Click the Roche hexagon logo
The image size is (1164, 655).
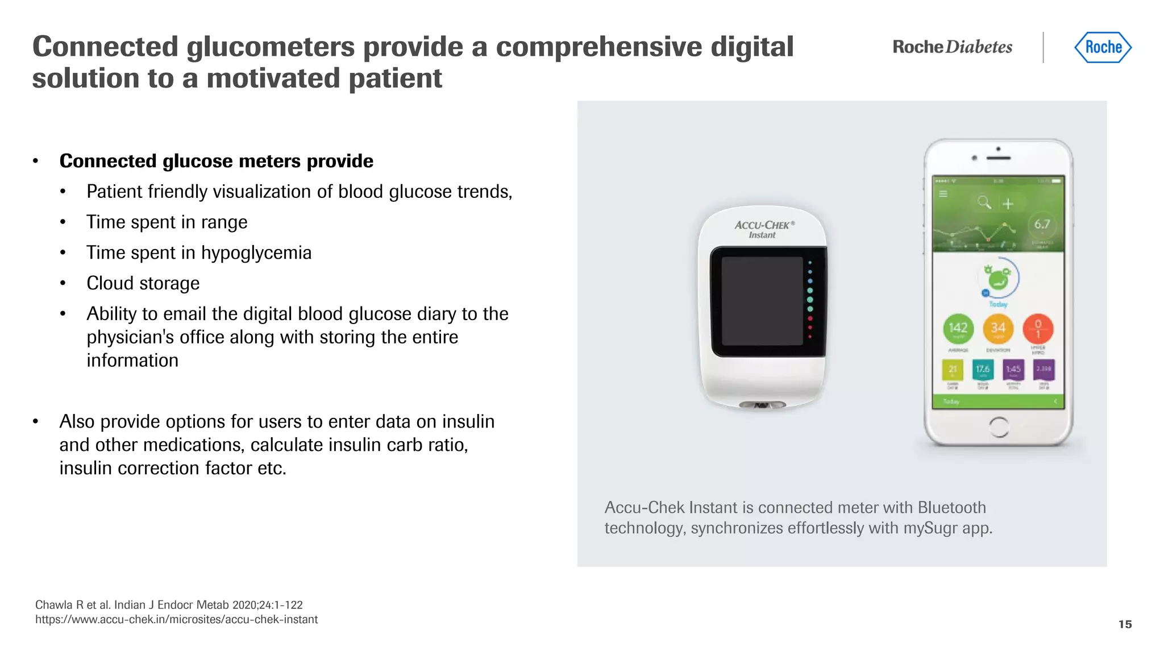coord(1103,47)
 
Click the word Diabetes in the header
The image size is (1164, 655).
coord(979,47)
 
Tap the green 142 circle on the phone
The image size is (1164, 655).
coord(958,329)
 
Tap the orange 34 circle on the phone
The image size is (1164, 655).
coord(998,329)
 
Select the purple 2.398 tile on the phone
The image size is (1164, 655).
coord(1044,370)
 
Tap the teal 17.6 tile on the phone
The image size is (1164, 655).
coord(983,370)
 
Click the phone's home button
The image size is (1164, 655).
coord(999,427)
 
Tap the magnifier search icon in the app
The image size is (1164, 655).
coord(984,202)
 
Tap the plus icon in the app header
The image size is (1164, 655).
coord(1008,204)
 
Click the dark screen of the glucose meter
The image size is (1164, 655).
coord(762,301)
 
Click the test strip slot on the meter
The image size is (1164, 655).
coord(762,405)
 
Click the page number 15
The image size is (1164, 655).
coord(1125,624)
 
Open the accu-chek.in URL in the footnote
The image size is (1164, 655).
coord(176,620)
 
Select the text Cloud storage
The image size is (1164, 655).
coord(143,283)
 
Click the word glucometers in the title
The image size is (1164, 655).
coord(271,47)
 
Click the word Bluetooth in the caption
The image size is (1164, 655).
coord(951,507)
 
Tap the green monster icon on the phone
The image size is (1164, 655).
coord(997,279)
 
